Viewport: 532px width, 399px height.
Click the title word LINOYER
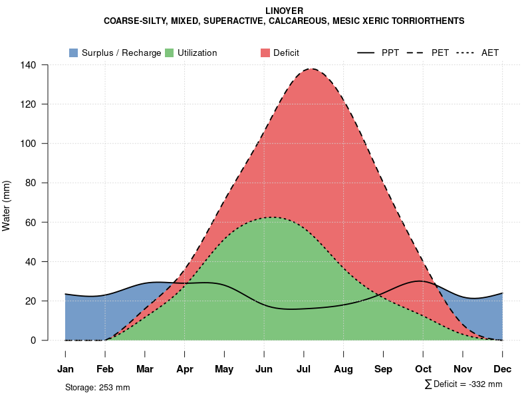(284, 11)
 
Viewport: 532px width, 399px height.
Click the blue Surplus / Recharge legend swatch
(73, 53)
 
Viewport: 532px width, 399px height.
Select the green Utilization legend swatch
(170, 53)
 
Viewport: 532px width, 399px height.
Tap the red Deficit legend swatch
(265, 53)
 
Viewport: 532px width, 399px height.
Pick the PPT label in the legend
(390, 53)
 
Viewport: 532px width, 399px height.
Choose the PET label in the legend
(440, 53)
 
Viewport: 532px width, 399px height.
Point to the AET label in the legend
(490, 53)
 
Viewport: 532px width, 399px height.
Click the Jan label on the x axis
(65, 369)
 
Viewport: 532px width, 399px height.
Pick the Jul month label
(304, 369)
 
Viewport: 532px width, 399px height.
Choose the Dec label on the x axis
(503, 369)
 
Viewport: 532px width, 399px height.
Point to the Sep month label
(383, 369)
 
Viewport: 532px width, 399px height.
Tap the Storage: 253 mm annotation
(97, 387)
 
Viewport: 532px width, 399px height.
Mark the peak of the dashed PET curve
(310, 68)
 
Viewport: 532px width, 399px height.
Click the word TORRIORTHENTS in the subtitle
(423, 21)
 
